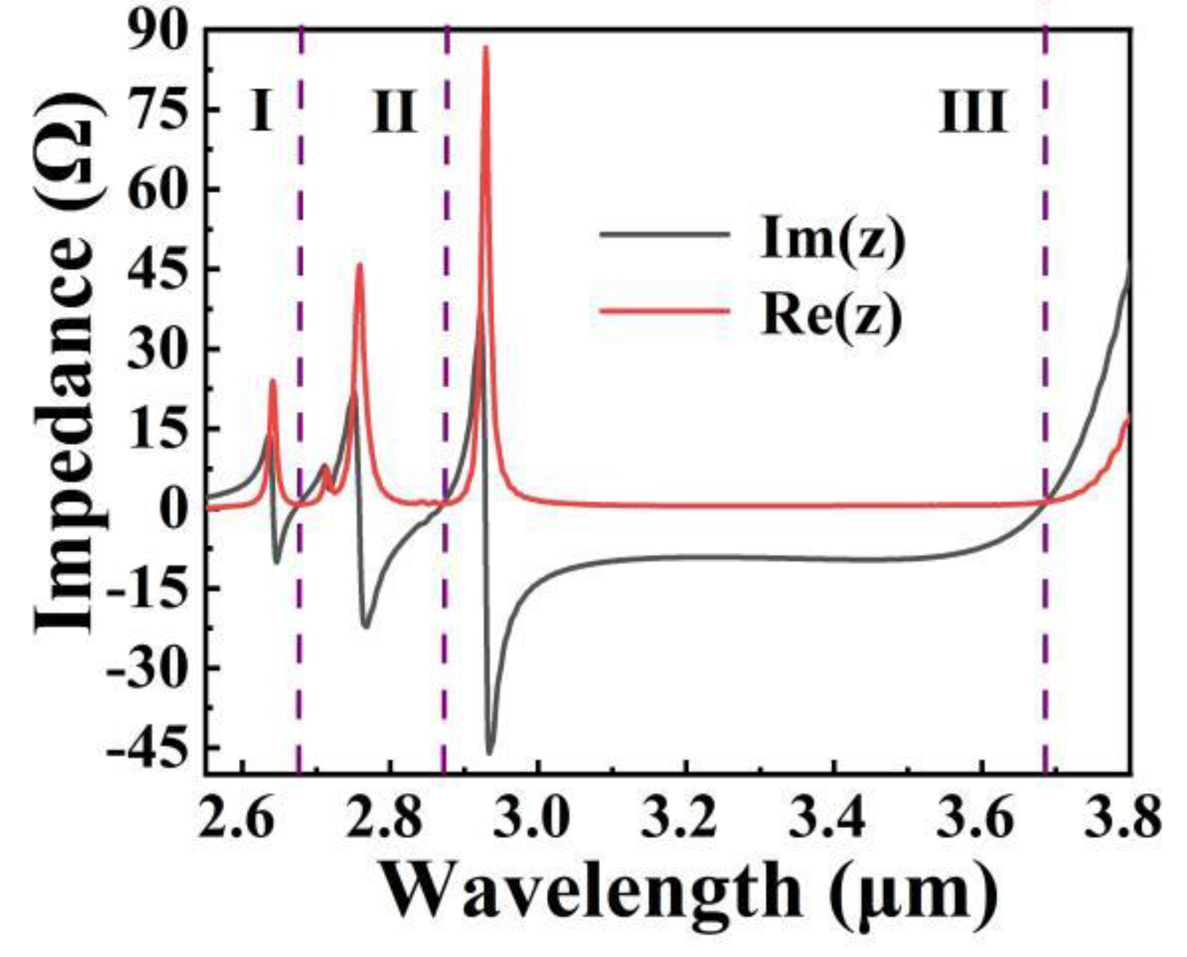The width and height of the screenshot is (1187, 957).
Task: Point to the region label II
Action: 394,113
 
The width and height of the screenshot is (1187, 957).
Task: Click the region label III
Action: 973,113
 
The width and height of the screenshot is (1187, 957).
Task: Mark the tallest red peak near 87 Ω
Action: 486,48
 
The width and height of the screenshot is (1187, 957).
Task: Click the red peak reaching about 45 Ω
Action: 359,266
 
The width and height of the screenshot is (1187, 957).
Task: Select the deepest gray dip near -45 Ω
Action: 489,752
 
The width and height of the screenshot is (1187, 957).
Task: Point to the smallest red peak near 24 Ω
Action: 273,381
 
